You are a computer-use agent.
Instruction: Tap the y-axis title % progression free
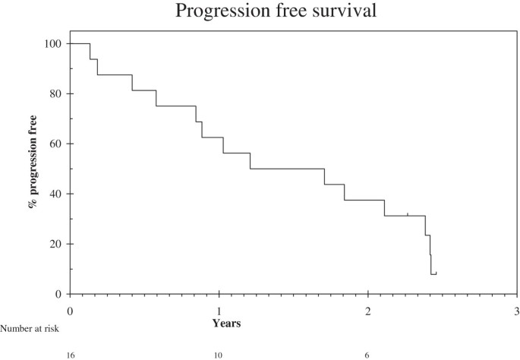pyautogui.click(x=34, y=169)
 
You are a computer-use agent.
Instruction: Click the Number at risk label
pyautogui.click(x=29, y=328)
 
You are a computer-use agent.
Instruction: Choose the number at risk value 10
pyautogui.click(x=219, y=355)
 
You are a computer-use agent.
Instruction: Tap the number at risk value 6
pyautogui.click(x=367, y=355)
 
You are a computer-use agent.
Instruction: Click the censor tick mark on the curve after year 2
pyautogui.click(x=408, y=214)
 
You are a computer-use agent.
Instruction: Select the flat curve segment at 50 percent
pyautogui.click(x=287, y=169)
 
